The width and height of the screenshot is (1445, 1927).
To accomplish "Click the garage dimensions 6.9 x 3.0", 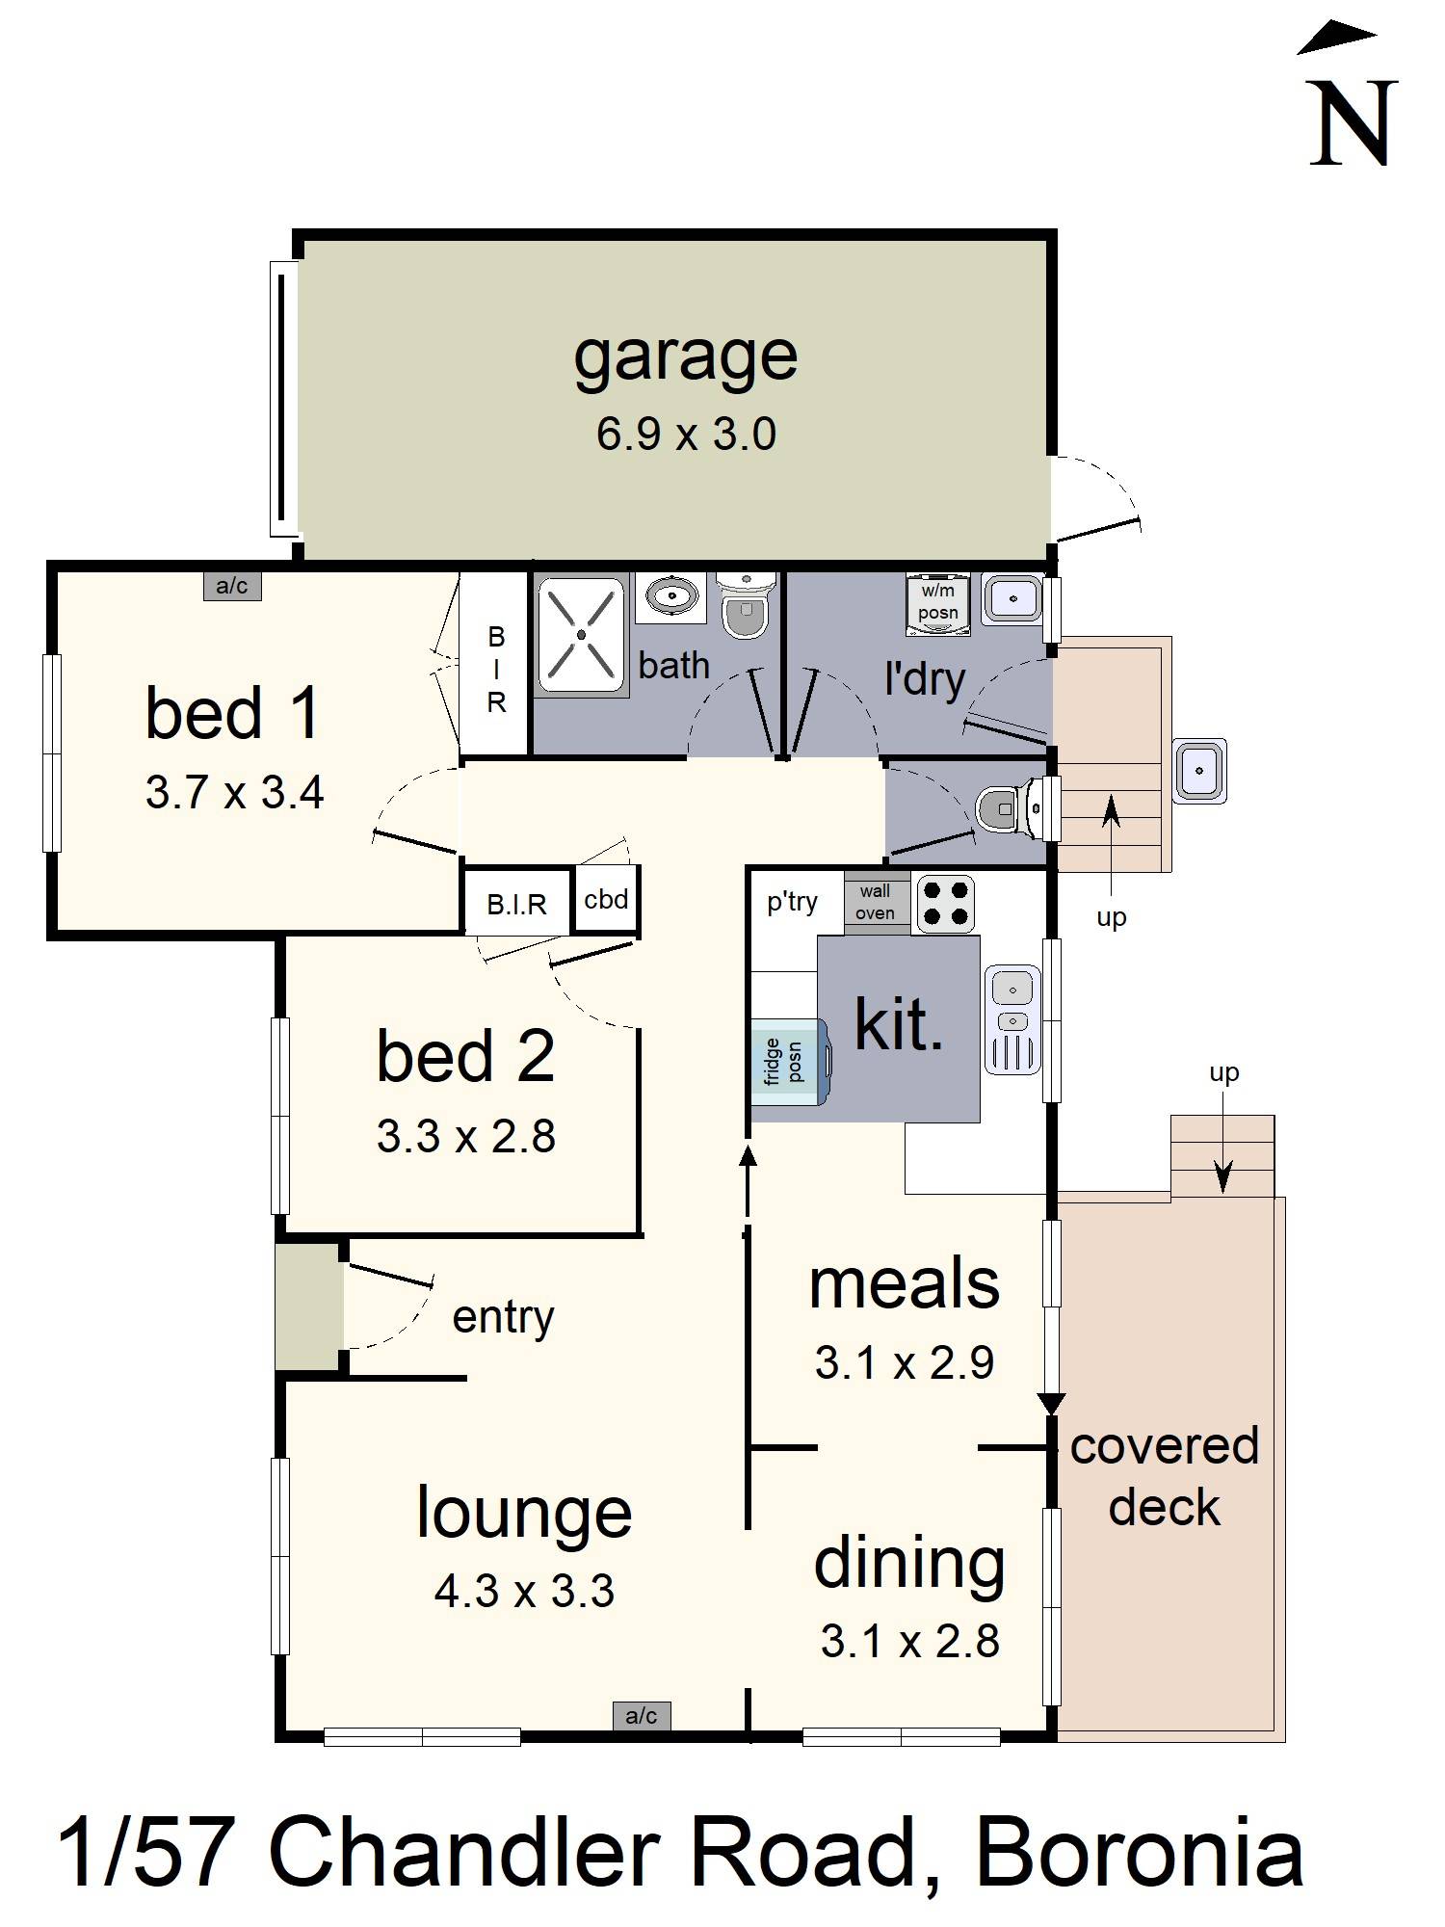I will coord(686,435).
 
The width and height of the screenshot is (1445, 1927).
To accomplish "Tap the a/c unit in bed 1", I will coord(232,586).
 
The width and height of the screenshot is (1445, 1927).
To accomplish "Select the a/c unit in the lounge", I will coord(642,1715).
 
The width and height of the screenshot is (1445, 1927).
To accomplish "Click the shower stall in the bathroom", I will coord(581,635).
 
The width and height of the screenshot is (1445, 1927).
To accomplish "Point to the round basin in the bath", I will coord(670,596).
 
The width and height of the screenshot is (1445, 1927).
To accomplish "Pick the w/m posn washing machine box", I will coord(937,604).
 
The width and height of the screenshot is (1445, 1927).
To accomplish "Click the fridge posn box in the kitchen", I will coord(789,1061).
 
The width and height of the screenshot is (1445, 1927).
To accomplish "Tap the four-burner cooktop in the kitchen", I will coord(945,903).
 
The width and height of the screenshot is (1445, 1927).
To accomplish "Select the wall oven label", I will coord(876,903).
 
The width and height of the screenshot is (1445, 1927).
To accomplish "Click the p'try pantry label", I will coord(792,902).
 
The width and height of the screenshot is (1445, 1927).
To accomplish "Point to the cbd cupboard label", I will coord(606,900).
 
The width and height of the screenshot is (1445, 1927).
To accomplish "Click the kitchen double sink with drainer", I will coord(1012,1020).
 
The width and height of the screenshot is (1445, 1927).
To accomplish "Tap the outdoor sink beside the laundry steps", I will coord(1199,771).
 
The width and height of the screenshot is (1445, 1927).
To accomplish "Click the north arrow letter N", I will coord(1353,123).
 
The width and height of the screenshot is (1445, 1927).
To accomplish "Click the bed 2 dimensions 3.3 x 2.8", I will coord(466,1137).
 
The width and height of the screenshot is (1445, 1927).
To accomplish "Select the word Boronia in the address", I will coord(1140,1853).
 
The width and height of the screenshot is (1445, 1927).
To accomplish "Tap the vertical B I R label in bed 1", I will coord(495,670).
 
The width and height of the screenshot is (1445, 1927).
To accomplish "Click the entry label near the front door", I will coord(503,1317).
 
